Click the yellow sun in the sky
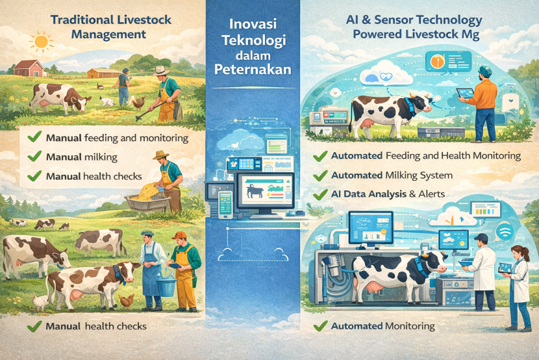point(42,42)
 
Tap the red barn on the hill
point(29,68)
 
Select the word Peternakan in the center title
point(253,70)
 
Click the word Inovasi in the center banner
point(253,24)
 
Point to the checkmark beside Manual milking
point(34,156)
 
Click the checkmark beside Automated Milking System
point(320,175)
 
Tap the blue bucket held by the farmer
point(166,287)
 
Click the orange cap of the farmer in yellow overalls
point(179,235)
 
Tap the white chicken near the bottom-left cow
point(40,302)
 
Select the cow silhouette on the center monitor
point(255,191)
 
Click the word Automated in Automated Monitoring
point(357,326)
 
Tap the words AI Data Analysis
point(369,194)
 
